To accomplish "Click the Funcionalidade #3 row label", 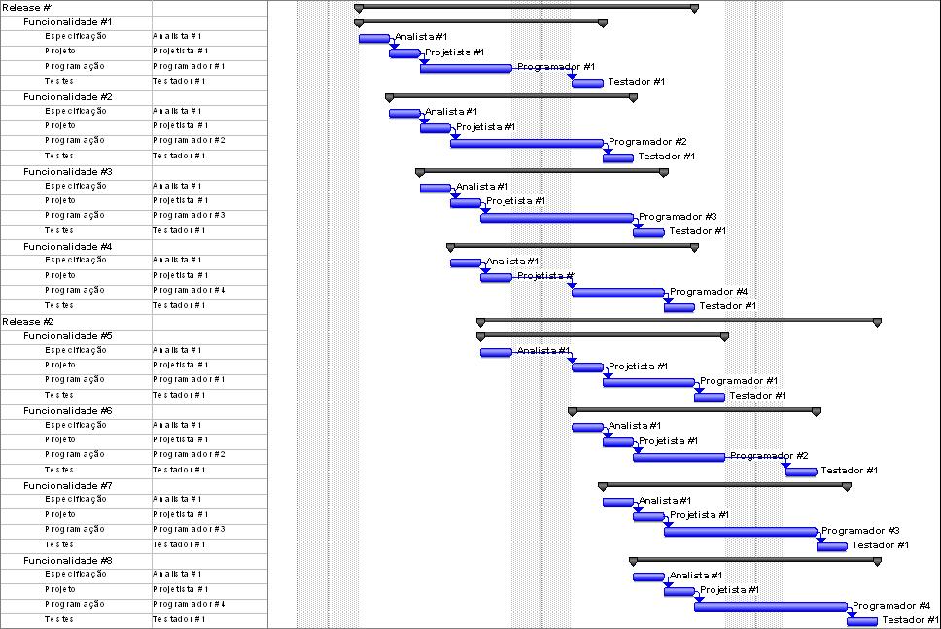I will (x=68, y=171).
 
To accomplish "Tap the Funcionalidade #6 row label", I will (x=68, y=410).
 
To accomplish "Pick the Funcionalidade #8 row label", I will (x=68, y=560).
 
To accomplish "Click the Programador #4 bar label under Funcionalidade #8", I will (x=891, y=606).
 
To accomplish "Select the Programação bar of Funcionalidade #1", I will (x=466, y=68).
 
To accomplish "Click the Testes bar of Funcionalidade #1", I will (x=587, y=83).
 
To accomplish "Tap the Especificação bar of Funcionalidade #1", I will (x=373, y=38).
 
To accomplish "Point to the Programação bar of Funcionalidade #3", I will (x=556, y=218).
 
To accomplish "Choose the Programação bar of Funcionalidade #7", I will (x=740, y=531).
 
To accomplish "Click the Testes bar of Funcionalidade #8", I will (x=861, y=621).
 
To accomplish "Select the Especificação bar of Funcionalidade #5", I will (x=496, y=352).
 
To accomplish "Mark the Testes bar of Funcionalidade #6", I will (x=801, y=472).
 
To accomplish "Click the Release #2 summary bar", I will (x=679, y=320).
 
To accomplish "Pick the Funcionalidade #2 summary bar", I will (x=511, y=96).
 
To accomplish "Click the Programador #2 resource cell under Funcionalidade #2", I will (x=189, y=141).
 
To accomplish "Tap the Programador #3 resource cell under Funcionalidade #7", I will (x=189, y=530).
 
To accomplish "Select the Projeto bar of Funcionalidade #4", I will (x=496, y=277).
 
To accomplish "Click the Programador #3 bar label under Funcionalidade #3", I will (x=678, y=217).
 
